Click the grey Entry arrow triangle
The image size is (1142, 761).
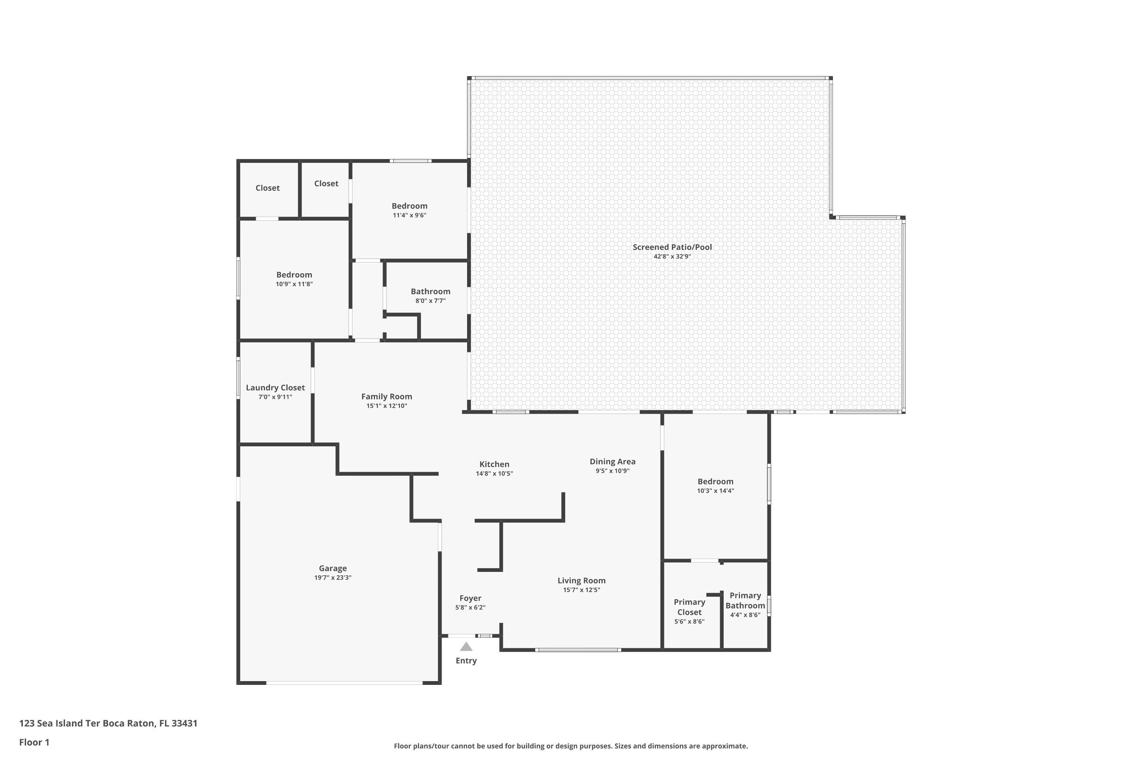pyautogui.click(x=466, y=646)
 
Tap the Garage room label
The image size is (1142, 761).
pyautogui.click(x=333, y=568)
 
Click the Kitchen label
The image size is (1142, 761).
pyautogui.click(x=494, y=465)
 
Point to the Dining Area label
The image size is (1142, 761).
pyautogui.click(x=612, y=462)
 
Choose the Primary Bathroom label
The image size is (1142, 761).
pyautogui.click(x=745, y=600)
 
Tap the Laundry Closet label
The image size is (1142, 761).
pyautogui.click(x=275, y=388)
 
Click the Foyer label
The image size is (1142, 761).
pyautogui.click(x=470, y=599)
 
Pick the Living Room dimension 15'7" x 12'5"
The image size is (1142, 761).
pyautogui.click(x=581, y=590)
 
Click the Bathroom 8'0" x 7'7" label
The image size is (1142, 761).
pyautogui.click(x=430, y=292)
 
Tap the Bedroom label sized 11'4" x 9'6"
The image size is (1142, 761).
pyautogui.click(x=409, y=206)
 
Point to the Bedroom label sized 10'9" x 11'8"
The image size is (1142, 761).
pyautogui.click(x=294, y=275)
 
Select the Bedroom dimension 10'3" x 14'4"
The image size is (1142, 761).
pyautogui.click(x=715, y=491)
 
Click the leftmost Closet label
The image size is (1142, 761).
pyautogui.click(x=267, y=188)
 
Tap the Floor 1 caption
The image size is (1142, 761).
pyautogui.click(x=34, y=742)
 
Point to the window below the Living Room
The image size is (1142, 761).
pyautogui.click(x=578, y=650)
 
